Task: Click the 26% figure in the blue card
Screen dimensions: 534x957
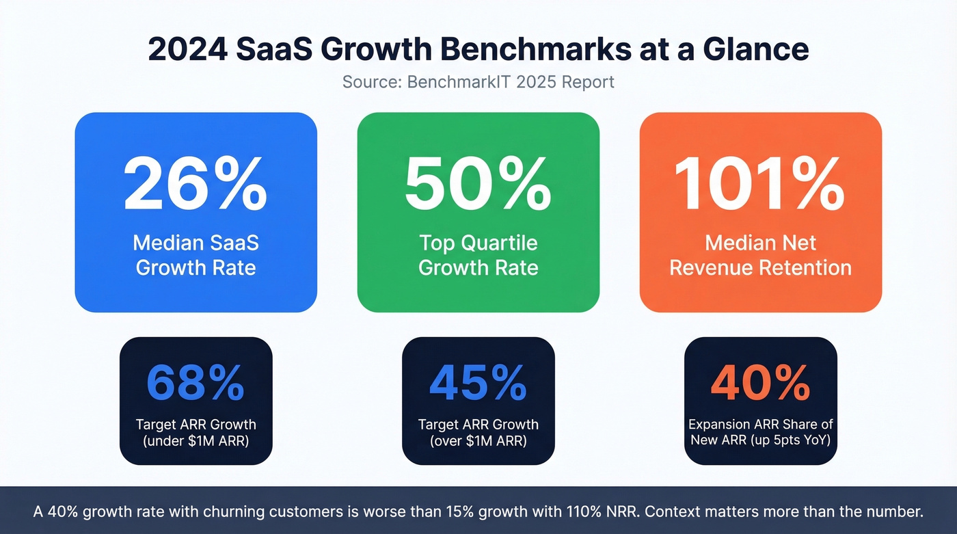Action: pos(196,184)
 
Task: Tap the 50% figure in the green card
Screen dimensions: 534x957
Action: pos(478,184)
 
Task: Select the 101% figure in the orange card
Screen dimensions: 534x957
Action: pos(760,184)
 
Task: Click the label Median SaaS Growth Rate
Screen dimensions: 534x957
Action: pos(196,254)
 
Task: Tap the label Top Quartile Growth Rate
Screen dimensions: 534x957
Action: pos(478,254)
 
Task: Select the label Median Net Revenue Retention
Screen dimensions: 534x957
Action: pos(760,254)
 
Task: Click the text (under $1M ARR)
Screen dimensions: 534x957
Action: pos(196,441)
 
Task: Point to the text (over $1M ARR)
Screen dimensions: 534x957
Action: pos(478,441)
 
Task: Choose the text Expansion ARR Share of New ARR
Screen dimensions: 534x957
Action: pos(760,433)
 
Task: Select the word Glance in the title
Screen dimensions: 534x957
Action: pos(762,50)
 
